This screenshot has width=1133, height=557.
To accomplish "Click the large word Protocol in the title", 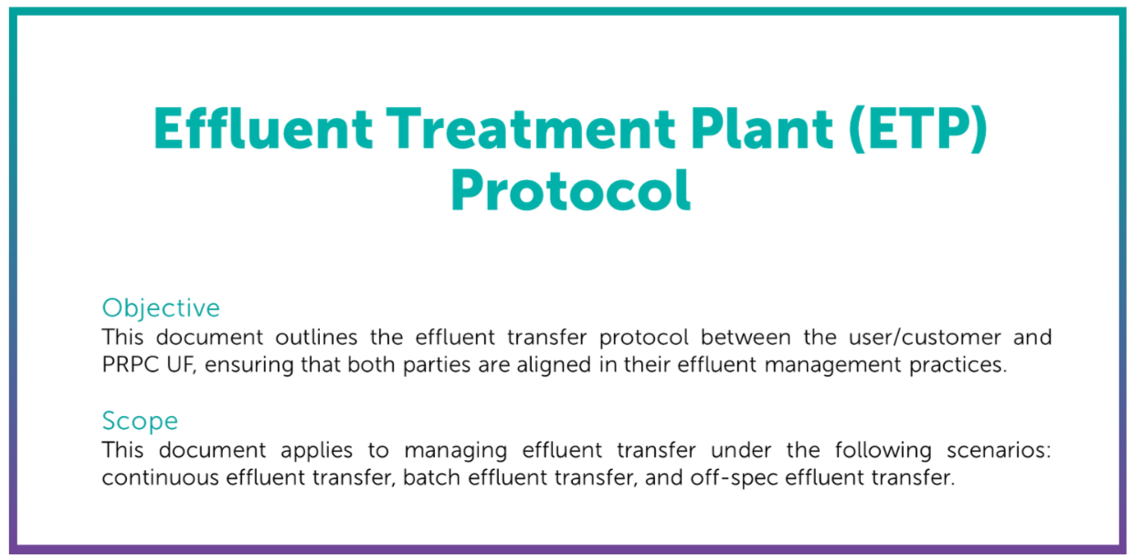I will [570, 188].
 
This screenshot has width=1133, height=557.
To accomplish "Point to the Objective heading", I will [161, 307].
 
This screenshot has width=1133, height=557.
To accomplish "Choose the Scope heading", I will [140, 421].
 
